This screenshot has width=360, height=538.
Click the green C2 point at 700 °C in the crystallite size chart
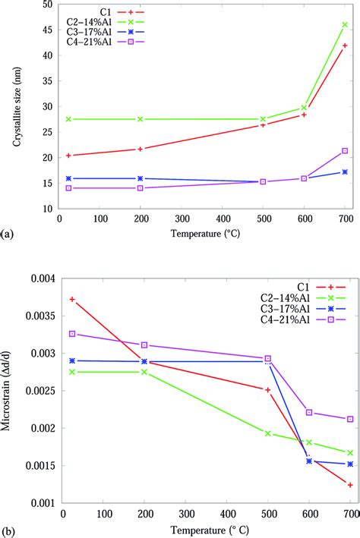(x=345, y=24)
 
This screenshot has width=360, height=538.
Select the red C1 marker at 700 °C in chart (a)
(x=345, y=46)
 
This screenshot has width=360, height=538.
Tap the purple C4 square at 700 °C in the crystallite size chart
(x=345, y=151)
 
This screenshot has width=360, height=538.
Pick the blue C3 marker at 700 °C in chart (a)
(x=345, y=172)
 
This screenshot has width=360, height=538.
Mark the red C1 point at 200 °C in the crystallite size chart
(x=141, y=149)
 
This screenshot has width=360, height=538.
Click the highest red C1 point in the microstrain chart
(x=71, y=299)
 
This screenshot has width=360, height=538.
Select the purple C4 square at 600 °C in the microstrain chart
(x=309, y=412)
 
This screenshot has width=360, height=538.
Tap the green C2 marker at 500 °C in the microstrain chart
(x=267, y=433)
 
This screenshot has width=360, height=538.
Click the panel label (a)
(x=7, y=228)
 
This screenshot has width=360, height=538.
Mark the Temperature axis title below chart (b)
(x=207, y=531)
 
